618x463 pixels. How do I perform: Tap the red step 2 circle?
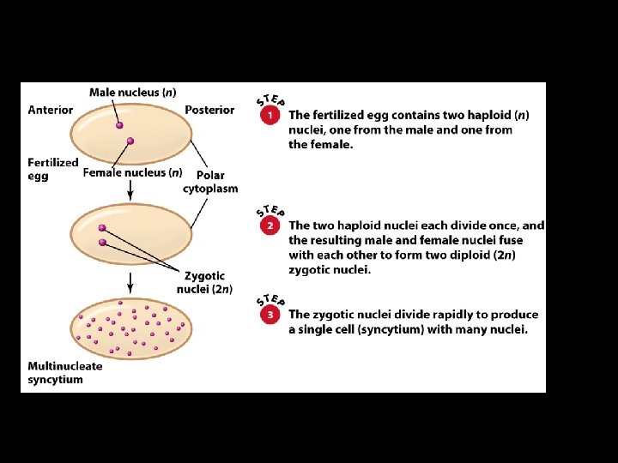coord(270,227)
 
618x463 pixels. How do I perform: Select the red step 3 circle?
coord(270,316)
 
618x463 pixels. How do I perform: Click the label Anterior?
coord(51,110)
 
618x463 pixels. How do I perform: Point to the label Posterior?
coord(209,110)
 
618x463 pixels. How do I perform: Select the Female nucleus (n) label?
coord(132,172)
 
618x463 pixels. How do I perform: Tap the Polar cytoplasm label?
coord(210,182)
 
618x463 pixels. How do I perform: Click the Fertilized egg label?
coord(52,169)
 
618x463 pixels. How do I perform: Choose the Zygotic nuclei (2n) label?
coord(204,282)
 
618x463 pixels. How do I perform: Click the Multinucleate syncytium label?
coord(64,372)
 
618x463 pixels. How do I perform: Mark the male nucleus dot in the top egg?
coord(120,125)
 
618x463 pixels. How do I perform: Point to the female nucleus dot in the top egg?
coord(130,141)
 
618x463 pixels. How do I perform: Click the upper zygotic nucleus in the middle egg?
coord(102,228)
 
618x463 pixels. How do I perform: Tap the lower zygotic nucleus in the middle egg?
coord(103,243)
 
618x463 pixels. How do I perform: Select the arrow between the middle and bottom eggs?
coord(130,280)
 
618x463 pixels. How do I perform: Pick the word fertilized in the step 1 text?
coord(340,115)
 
